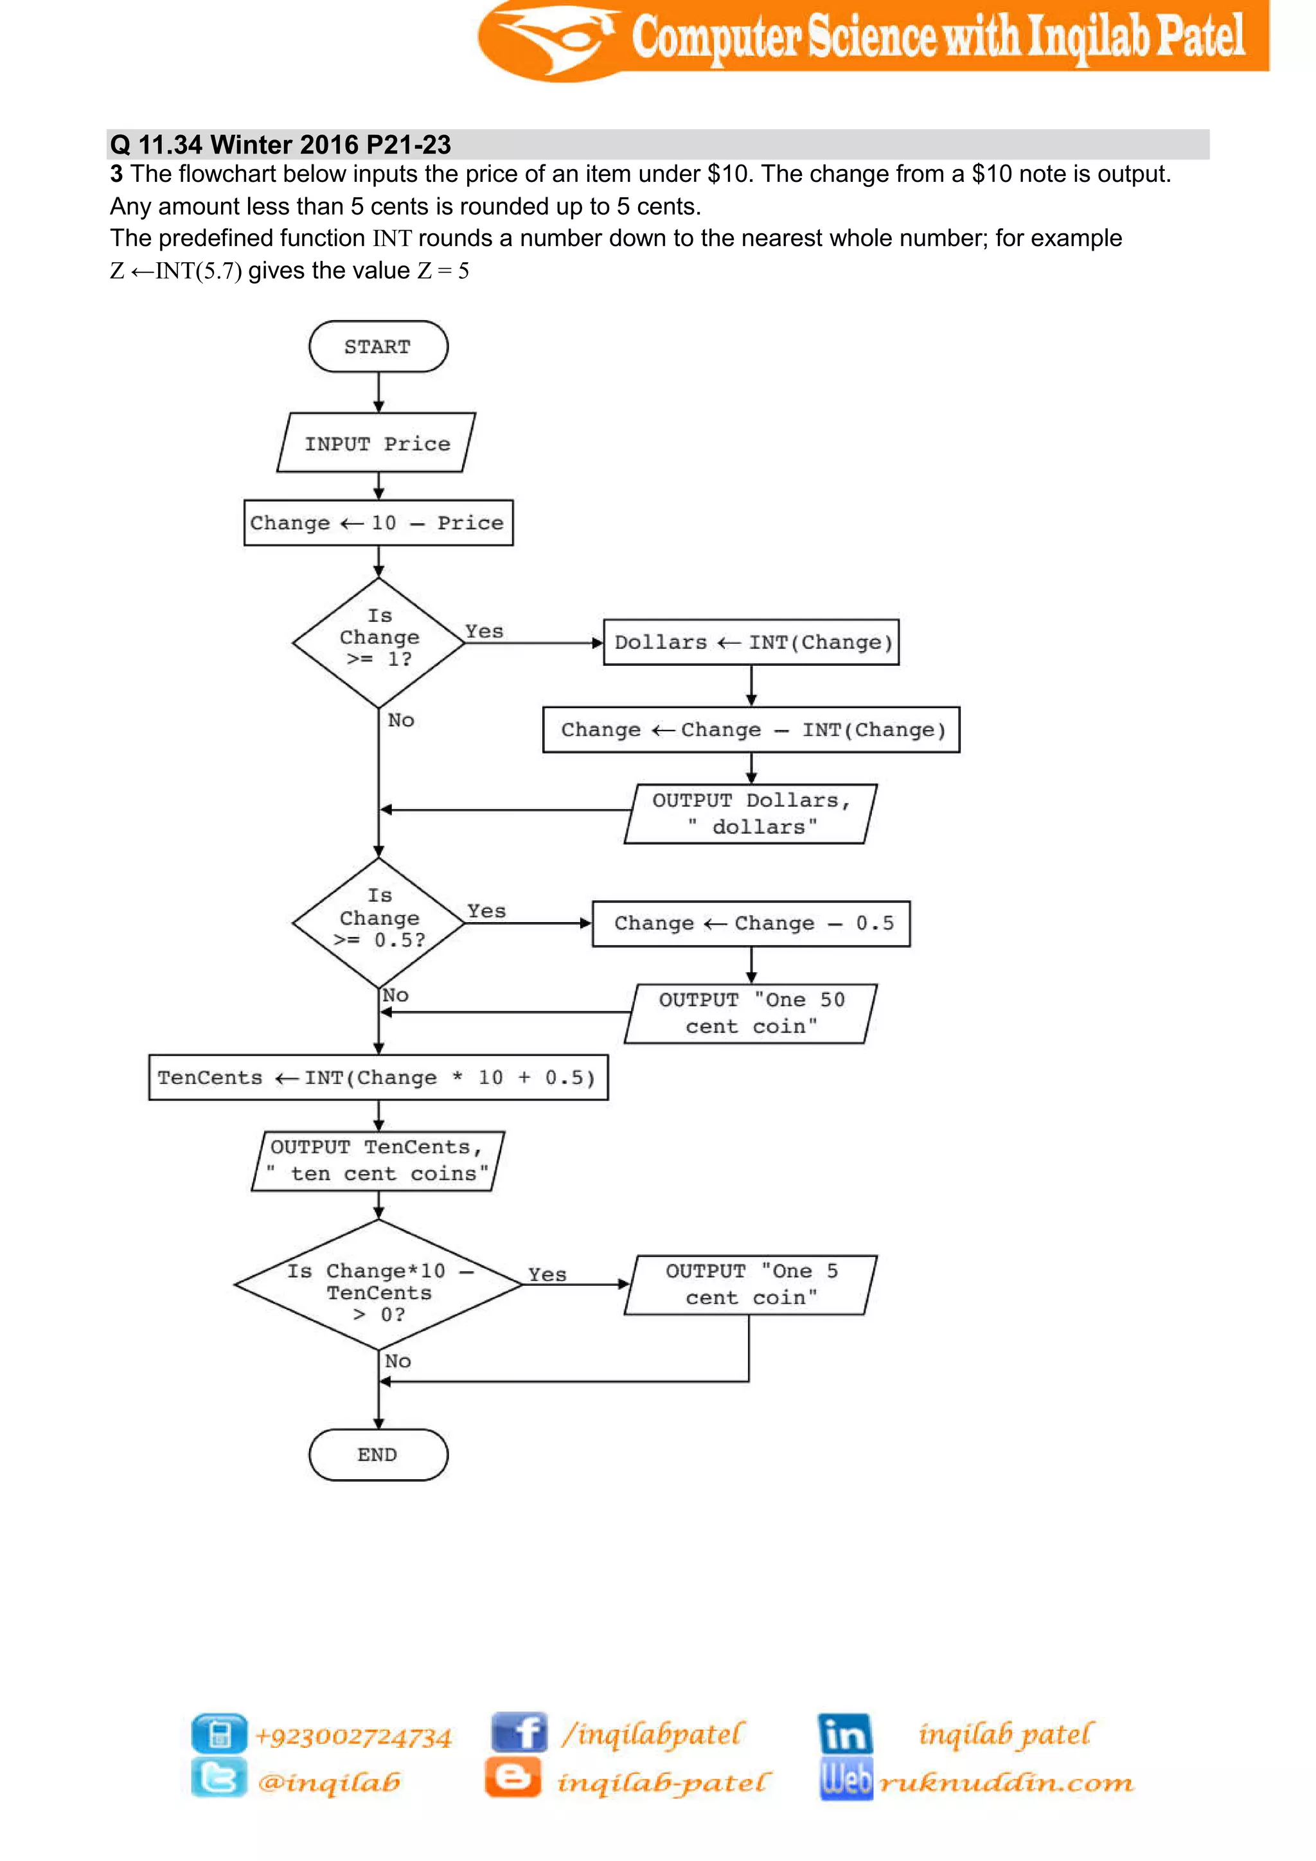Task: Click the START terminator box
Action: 378,346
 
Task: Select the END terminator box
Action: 378,1454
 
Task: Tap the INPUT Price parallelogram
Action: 377,443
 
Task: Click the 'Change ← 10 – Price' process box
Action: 378,523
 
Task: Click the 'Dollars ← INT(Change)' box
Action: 751,642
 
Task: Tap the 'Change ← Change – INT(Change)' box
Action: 751,729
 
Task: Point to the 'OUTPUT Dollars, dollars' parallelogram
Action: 751,814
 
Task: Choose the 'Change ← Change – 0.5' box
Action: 751,923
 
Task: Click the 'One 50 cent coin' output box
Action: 751,1013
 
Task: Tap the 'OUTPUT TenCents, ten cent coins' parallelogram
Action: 378,1161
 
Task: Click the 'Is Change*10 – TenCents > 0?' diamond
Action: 378,1285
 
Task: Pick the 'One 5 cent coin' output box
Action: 751,1285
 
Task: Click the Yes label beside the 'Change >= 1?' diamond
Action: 484,632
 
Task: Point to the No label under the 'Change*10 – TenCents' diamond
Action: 397,1361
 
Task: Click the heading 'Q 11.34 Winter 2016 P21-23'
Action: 280,145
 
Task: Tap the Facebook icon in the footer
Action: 519,1733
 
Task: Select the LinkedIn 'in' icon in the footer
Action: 844,1733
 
